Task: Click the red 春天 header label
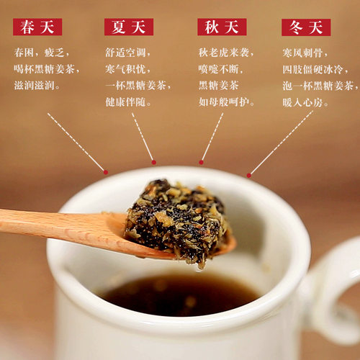click(37, 27)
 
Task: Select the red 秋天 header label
click(222, 27)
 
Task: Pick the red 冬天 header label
click(306, 27)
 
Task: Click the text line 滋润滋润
click(37, 86)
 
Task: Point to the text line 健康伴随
click(128, 102)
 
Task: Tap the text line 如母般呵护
click(226, 102)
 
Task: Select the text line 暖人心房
click(307, 102)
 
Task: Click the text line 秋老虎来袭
click(226, 53)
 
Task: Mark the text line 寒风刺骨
click(307, 53)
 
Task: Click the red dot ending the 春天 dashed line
click(105, 172)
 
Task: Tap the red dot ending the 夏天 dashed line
click(153, 161)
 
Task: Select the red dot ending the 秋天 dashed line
click(201, 162)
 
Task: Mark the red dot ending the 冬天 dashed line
click(248, 175)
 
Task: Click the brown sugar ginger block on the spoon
click(177, 220)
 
